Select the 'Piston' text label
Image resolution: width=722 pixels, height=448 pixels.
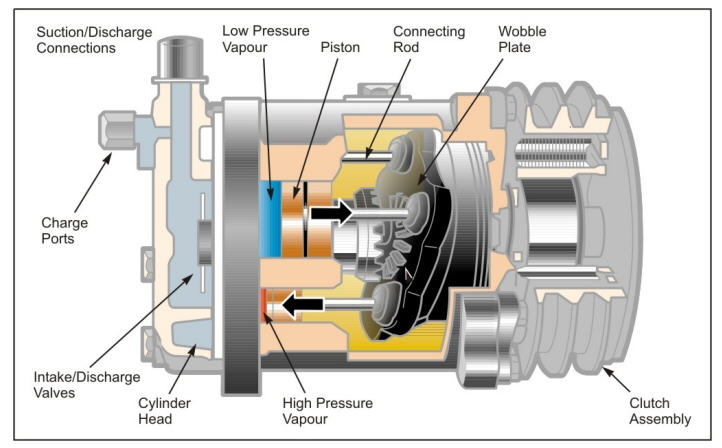(x=342, y=47)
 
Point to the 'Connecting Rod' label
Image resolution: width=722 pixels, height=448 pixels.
(x=429, y=39)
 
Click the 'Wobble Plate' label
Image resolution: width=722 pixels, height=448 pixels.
(x=522, y=39)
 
